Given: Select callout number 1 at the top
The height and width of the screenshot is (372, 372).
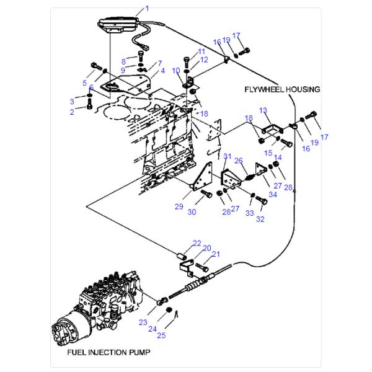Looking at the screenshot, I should click(x=148, y=8).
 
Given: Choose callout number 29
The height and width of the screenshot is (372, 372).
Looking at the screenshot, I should click(x=179, y=206).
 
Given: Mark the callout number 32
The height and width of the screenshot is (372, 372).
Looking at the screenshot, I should click(x=260, y=218).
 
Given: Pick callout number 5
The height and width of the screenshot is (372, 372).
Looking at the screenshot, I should click(x=85, y=82).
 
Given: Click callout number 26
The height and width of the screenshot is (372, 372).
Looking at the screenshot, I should click(x=239, y=161).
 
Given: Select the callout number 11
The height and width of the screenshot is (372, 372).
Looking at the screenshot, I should click(x=201, y=51).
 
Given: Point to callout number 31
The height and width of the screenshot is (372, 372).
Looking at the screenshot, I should click(x=227, y=156).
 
